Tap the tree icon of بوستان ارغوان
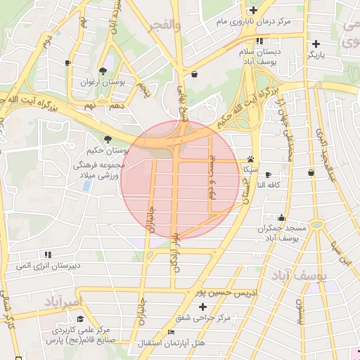click(103, 70)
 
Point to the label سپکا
click(250, 169)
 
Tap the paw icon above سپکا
click(250, 159)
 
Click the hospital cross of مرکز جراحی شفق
click(203, 307)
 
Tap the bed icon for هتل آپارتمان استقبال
click(171, 332)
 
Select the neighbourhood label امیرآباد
click(63, 302)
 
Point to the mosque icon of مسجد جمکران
click(282, 218)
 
